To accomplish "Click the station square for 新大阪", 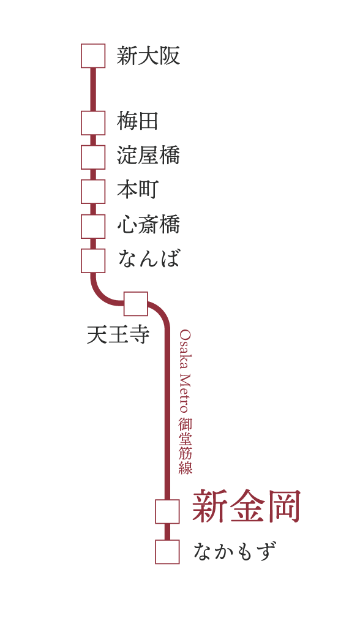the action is (93, 56).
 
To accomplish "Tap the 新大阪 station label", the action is (148, 56).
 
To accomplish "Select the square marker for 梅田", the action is (93, 123).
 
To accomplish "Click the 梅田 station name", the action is (138, 121).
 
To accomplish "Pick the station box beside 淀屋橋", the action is (93, 157).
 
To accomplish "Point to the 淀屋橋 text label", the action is (148, 156).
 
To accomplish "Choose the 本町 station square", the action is (93, 192).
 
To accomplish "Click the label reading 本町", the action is (138, 190).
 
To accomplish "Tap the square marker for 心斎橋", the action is (93, 226).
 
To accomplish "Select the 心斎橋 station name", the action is (148, 224).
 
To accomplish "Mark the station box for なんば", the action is (93, 260).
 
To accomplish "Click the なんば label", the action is (149, 258).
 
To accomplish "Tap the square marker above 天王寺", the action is (136, 304).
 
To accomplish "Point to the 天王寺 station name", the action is (118, 335).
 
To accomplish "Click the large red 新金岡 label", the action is (247, 506).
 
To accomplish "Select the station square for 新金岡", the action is (167, 511).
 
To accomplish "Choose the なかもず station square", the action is (167, 552).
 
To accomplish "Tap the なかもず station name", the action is (234, 551).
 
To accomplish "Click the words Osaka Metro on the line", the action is (185, 371).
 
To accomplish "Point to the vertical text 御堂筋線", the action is (185, 446).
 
